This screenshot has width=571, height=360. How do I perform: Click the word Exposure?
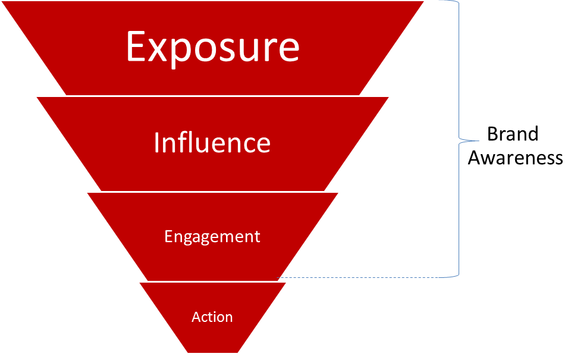[212, 47]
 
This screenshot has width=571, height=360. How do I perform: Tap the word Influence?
[212, 143]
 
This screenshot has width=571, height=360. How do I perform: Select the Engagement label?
[212, 236]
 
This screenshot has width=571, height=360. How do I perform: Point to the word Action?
[212, 317]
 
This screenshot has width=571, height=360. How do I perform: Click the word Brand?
[513, 134]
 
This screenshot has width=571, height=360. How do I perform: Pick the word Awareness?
[515, 158]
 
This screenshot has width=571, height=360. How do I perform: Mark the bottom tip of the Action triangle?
[213, 352]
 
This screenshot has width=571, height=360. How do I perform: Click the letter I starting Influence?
[157, 143]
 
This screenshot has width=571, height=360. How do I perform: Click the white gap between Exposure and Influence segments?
[212, 96]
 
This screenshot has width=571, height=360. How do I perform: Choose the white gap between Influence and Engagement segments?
[212, 192]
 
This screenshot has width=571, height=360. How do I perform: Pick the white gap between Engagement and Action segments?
[212, 281]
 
